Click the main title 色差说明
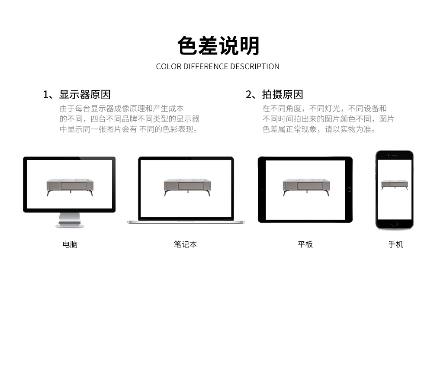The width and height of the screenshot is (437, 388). click(218, 46)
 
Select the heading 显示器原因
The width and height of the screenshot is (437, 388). click(85, 95)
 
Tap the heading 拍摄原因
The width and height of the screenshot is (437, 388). click(283, 95)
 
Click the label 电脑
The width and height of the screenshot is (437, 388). click(70, 244)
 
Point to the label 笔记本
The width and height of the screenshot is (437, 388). click(185, 244)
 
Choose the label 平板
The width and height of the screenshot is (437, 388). click(305, 244)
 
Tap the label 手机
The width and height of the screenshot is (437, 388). click(396, 244)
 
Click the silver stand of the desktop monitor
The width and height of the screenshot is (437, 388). click(70, 220)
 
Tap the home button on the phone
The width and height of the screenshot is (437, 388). click(394, 224)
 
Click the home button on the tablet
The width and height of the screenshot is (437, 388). click(349, 190)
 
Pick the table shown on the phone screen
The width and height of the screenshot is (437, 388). click(394, 185)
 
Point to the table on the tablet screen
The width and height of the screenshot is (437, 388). click(306, 187)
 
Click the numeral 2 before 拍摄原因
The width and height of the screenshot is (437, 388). click(248, 95)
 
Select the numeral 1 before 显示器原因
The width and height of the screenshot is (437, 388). click(46, 95)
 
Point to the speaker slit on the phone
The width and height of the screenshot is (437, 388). click(395, 155)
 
